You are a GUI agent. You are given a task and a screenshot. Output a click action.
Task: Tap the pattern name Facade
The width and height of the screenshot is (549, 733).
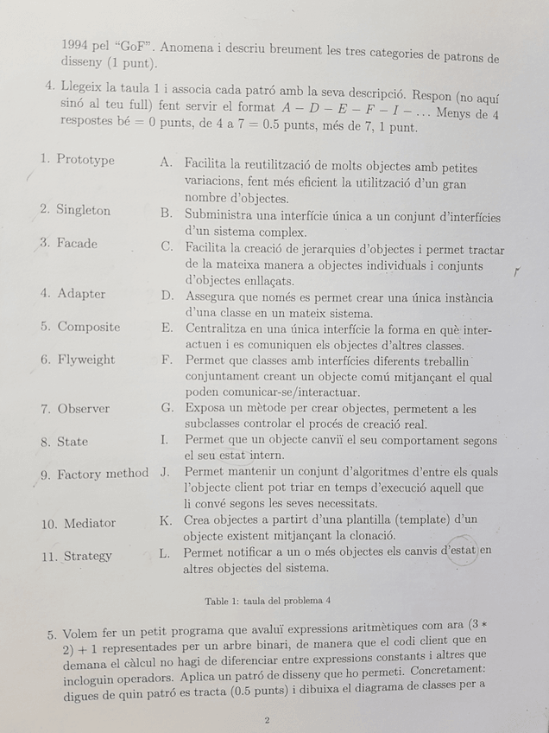point(77,243)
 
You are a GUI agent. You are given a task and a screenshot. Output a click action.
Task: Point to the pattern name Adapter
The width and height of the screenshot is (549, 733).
point(81,294)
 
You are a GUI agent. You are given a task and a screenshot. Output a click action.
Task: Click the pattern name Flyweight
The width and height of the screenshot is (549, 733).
point(85,360)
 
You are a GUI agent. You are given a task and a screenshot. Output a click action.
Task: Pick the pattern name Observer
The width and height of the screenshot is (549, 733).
point(84,409)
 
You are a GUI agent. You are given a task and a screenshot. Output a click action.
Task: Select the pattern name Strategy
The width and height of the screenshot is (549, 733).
point(87,556)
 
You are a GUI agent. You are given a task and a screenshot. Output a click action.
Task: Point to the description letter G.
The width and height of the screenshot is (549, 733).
point(167,407)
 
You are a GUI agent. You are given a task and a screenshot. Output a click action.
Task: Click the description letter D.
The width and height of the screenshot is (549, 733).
point(167,296)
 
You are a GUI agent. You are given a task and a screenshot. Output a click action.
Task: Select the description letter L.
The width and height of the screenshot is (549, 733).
point(165,552)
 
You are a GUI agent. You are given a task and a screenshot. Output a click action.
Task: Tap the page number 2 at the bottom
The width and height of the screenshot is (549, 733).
point(267,719)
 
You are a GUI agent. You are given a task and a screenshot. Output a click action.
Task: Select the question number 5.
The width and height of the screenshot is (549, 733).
point(52,634)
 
